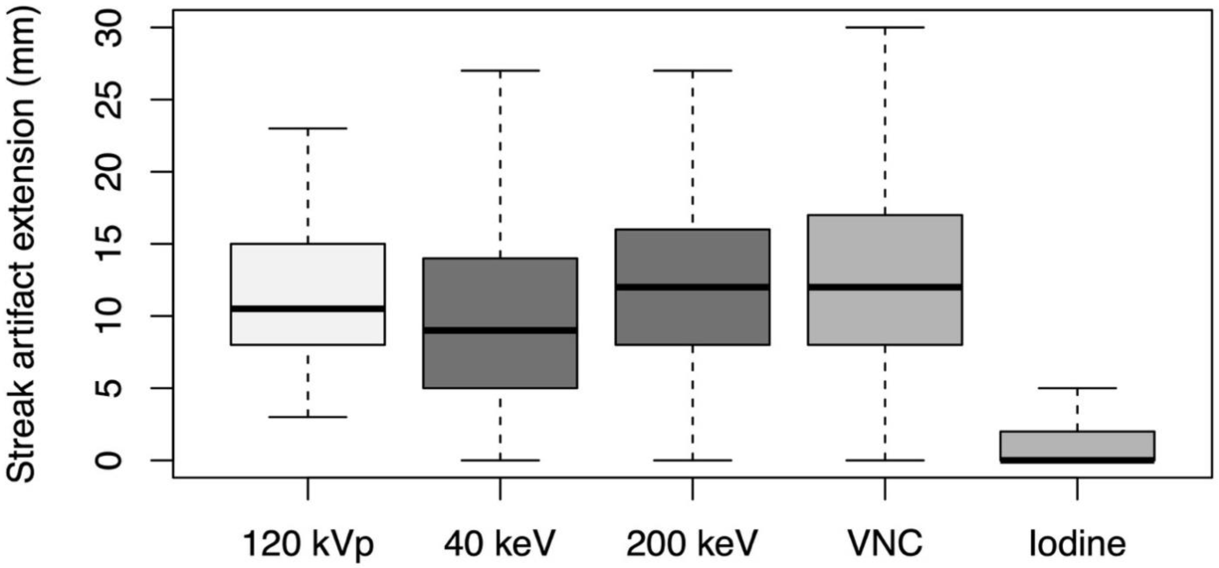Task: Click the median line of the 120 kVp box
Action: click(308, 308)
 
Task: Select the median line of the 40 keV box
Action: click(500, 330)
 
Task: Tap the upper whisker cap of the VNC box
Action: click(885, 27)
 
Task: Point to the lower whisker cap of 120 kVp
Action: click(308, 417)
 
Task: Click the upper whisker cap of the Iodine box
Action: click(1077, 388)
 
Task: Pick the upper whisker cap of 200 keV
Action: click(693, 70)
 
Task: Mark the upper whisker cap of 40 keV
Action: click(500, 70)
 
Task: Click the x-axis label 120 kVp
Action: click(308, 544)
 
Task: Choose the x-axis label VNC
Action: click(885, 544)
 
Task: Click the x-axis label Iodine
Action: click(1077, 544)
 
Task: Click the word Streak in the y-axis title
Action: click(21, 428)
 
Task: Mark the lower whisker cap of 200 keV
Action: click(693, 460)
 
